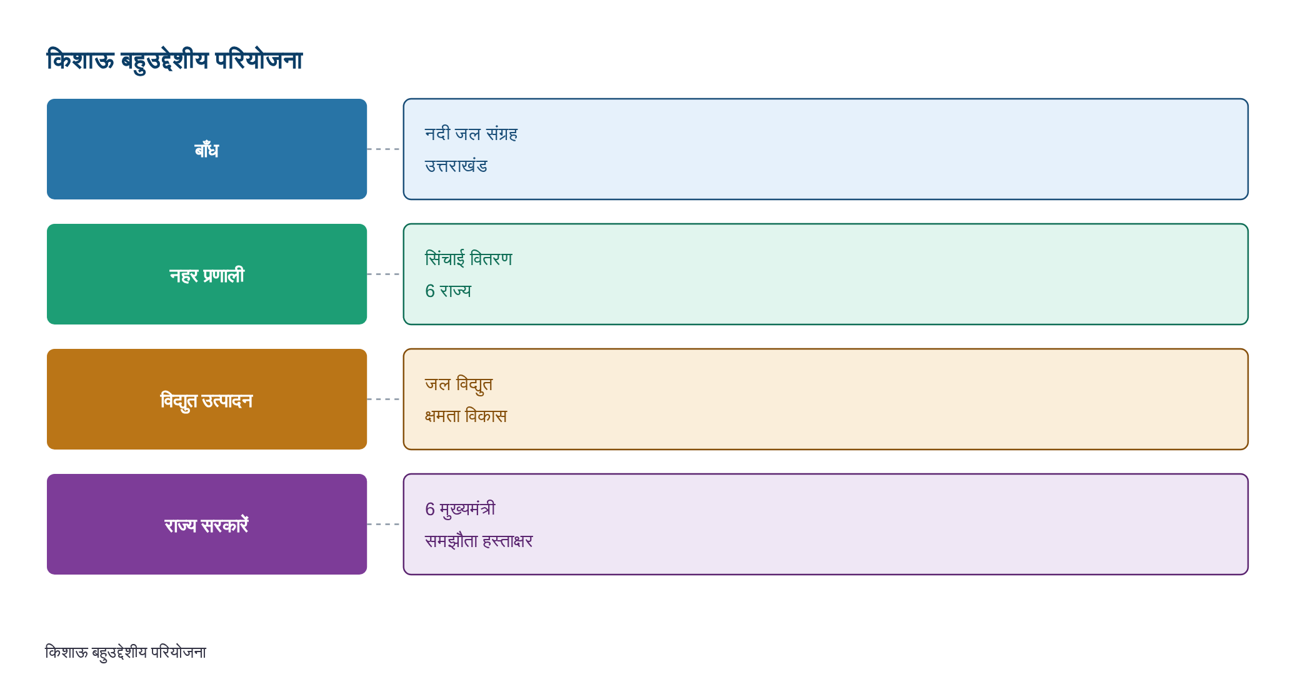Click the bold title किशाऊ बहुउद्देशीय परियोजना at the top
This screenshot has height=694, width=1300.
174,61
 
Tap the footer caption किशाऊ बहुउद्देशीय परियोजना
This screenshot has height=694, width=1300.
126,653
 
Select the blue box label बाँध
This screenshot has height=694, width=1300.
207,149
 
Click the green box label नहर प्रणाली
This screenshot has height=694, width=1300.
207,275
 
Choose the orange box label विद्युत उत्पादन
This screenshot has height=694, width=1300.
207,401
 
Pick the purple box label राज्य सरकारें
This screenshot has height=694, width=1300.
207,525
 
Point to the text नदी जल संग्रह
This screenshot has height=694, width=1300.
471,134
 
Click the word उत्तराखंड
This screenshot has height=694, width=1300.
456,166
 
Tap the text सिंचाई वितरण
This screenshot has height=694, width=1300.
469,258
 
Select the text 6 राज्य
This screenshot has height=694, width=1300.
448,291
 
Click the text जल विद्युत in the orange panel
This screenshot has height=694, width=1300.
459,385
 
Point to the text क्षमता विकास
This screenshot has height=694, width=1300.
466,416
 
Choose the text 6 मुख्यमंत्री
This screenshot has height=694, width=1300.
461,510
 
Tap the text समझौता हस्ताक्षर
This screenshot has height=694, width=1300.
479,541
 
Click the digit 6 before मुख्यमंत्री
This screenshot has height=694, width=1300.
430,510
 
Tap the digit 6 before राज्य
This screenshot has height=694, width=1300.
430,291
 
